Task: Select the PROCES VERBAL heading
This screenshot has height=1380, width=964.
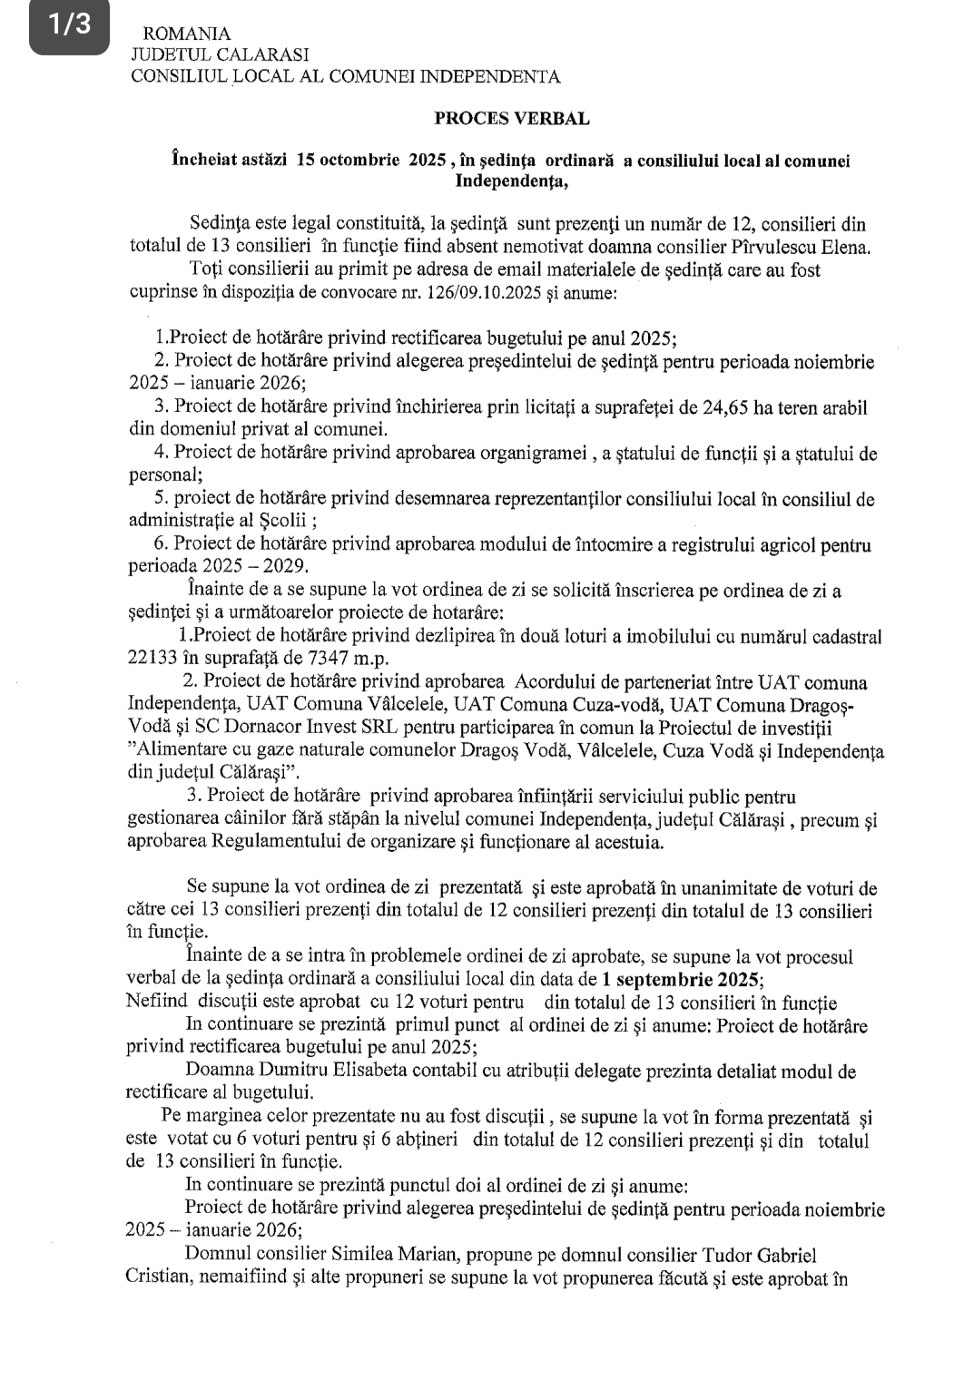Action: [x=511, y=118]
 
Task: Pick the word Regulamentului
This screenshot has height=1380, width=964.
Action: [x=271, y=842]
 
